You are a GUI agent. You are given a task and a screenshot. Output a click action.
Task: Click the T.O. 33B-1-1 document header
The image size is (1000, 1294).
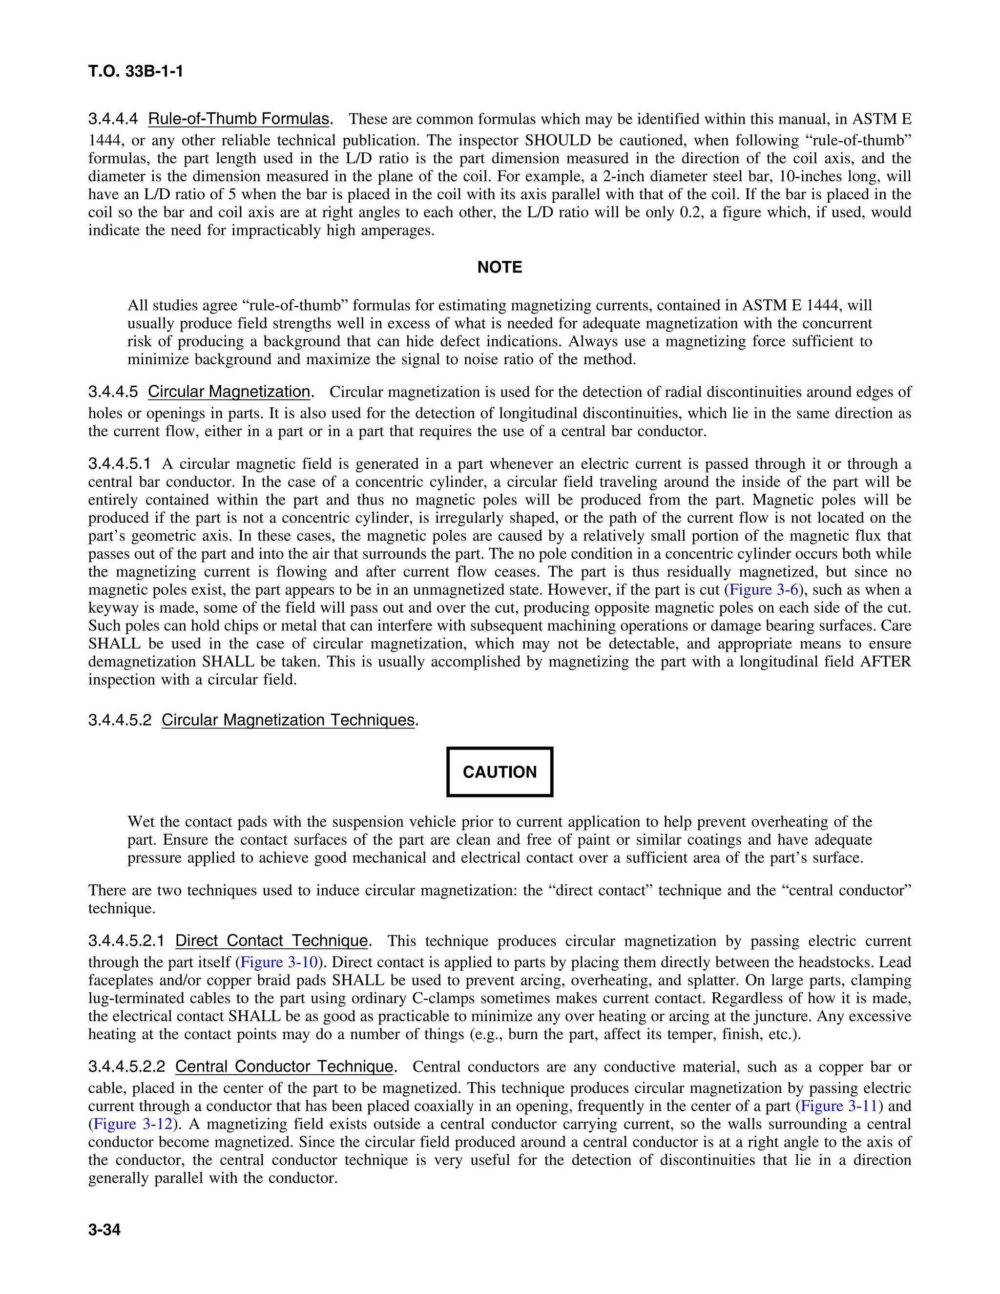[136, 72]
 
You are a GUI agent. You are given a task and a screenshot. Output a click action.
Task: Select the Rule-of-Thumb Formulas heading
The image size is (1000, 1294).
[239, 119]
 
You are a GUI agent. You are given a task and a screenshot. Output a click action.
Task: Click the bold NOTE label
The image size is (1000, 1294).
[500, 267]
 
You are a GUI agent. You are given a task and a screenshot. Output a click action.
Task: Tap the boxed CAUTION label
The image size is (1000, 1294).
[500, 772]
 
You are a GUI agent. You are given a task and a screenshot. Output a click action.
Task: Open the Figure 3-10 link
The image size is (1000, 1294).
[280, 962]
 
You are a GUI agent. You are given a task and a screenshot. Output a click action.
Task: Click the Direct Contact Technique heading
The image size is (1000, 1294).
[272, 941]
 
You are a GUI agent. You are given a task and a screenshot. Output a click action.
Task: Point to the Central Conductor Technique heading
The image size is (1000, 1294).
[284, 1067]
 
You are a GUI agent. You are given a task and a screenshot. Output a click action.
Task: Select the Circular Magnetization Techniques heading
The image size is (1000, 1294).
[288, 720]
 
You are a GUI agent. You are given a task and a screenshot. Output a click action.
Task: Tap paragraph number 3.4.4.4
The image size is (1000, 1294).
[113, 119]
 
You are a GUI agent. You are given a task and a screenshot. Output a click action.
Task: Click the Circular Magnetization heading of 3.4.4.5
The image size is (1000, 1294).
[229, 392]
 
